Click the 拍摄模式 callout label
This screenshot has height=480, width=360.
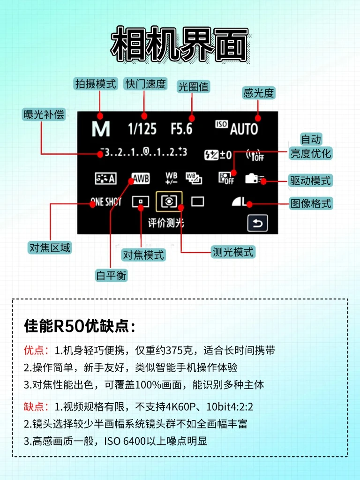point(96,84)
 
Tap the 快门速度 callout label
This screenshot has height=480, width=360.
point(145,84)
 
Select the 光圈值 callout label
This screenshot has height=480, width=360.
point(193,87)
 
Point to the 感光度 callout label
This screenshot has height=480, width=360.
point(258,93)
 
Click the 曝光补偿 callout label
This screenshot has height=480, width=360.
point(44,114)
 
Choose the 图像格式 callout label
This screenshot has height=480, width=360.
point(311,203)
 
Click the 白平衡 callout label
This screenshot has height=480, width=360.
point(112,275)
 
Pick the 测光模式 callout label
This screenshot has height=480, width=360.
point(232,252)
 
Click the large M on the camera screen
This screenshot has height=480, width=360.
point(100,129)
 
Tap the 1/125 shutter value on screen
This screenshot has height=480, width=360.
point(142,129)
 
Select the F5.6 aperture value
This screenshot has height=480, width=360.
point(181,129)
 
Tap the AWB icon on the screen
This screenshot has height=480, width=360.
point(140,179)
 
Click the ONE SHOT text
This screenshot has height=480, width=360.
point(105,202)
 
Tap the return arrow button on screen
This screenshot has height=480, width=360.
point(257,223)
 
